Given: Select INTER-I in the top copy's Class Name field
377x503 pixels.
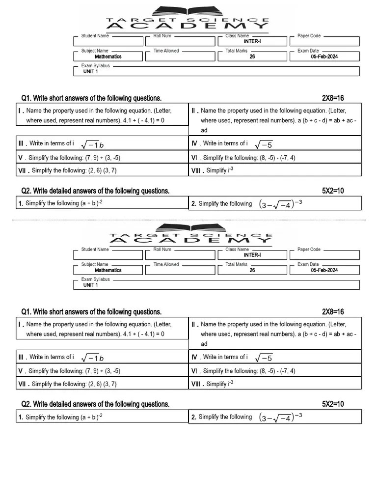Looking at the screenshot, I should pyautogui.click(x=252, y=41).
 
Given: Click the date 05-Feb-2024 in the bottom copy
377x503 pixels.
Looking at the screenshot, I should pyautogui.click(x=324, y=270).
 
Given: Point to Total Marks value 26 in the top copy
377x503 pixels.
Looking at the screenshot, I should pyautogui.click(x=252, y=56).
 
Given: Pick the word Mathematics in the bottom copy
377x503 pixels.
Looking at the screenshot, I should pyautogui.click(x=108, y=270).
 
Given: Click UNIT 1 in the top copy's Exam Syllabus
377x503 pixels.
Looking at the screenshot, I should pyautogui.click(x=90, y=72).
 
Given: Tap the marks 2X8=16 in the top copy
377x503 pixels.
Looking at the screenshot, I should pyautogui.click(x=333, y=98).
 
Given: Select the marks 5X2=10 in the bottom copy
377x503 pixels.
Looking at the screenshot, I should pyautogui.click(x=333, y=404).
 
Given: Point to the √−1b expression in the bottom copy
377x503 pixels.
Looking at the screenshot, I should pyautogui.click(x=92, y=358).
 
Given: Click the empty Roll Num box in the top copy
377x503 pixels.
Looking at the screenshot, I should pyautogui.click(x=180, y=42).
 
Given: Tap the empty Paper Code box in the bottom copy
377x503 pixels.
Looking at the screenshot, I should pyautogui.click(x=324, y=255).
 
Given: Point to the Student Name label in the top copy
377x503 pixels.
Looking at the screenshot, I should pyautogui.click(x=95, y=36).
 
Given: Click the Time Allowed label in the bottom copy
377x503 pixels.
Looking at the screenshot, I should pyautogui.click(x=166, y=264).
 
